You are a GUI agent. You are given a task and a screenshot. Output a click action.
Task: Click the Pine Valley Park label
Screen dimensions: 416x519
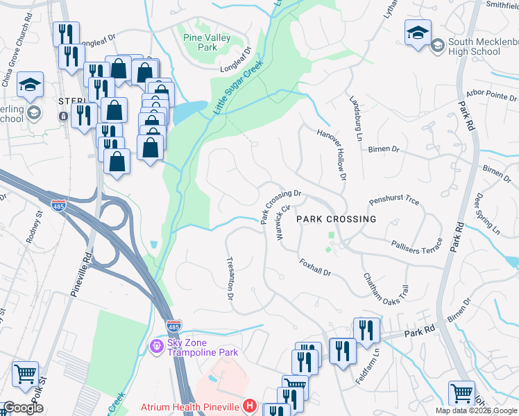click(x=199, y=42)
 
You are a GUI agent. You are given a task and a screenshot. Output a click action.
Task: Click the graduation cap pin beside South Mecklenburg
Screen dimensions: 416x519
click(x=418, y=33)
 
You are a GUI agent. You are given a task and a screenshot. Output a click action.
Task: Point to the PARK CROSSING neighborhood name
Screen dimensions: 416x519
click(x=337, y=219)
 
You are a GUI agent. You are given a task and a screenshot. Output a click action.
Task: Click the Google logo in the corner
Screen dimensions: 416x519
click(x=23, y=408)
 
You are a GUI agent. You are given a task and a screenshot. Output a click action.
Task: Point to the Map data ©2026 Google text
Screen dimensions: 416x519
click(x=475, y=410)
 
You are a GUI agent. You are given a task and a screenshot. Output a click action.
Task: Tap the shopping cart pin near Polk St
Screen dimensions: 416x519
click(x=26, y=374)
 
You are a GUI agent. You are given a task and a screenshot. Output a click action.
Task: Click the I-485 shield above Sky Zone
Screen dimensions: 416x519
click(x=173, y=324)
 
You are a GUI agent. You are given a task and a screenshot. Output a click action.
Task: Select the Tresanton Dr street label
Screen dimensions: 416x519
click(x=230, y=278)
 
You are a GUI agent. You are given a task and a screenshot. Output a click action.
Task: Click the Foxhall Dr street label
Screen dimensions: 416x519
click(x=316, y=268)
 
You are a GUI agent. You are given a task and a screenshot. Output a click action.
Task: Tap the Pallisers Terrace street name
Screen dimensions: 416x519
click(x=416, y=245)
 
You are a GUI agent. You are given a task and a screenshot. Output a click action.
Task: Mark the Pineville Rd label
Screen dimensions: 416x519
click(x=82, y=274)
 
